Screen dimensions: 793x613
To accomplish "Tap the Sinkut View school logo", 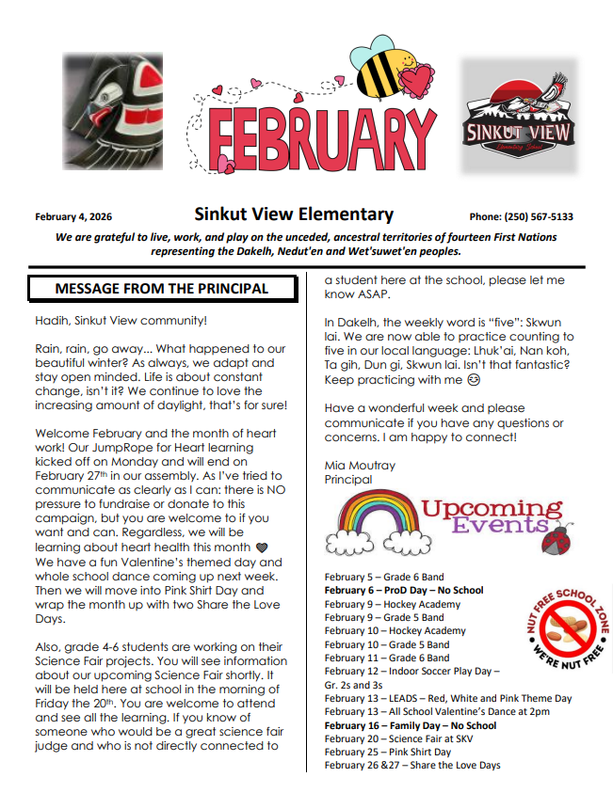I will click(x=518, y=117).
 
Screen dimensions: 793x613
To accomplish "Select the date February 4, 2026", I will click(x=73, y=217).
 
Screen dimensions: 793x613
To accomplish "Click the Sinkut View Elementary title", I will click(x=294, y=214).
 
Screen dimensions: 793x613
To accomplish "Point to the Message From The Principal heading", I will click(x=161, y=289).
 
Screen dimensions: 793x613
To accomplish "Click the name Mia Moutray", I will click(x=360, y=465).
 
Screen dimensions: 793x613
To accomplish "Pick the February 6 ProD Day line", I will click(x=403, y=590).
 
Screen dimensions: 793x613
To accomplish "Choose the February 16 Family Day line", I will click(x=410, y=725).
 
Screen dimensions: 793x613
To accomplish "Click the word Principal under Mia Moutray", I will click(x=348, y=479).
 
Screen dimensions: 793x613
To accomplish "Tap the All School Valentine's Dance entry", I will click(x=435, y=712).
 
